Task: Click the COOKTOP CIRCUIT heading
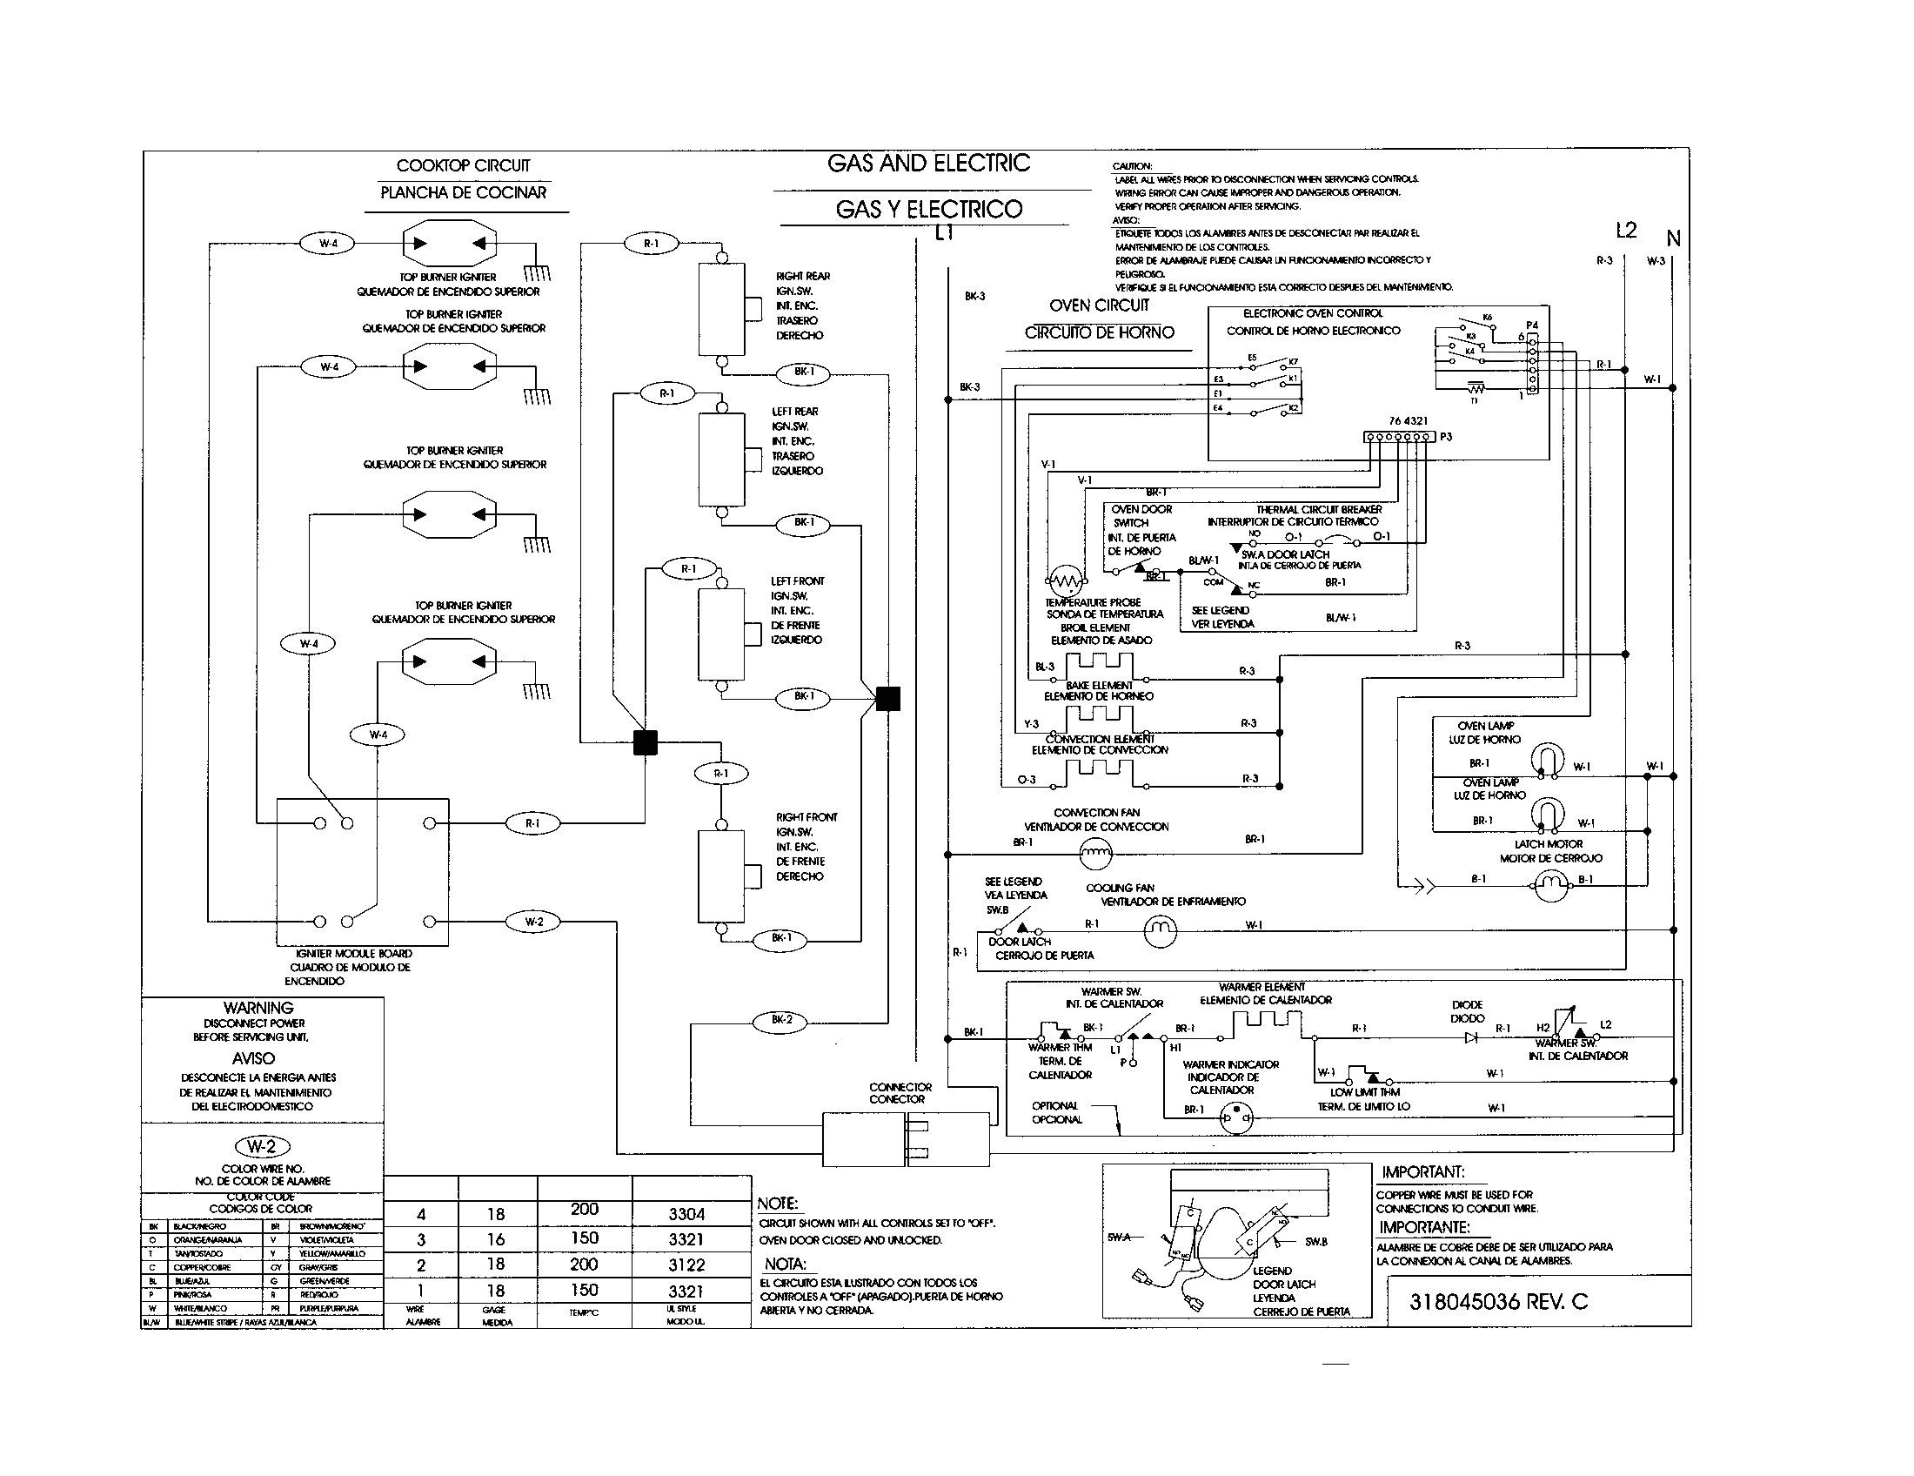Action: [x=463, y=164]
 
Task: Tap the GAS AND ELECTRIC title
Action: [x=928, y=163]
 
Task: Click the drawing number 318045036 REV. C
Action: [x=1498, y=1302]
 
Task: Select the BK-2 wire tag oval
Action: [x=781, y=1019]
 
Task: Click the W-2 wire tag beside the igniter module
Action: [x=533, y=921]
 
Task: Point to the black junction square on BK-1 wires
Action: [x=887, y=699]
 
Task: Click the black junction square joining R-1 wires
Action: [x=645, y=742]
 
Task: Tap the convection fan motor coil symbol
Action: [x=1094, y=851]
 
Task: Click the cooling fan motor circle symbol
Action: [x=1161, y=932]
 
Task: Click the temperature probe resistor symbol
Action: [x=1066, y=581]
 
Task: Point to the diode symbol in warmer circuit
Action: [x=1470, y=1037]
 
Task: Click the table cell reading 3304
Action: [x=686, y=1214]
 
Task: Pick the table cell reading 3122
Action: [x=686, y=1265]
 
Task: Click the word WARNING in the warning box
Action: [x=258, y=1008]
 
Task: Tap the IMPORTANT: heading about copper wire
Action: [x=1422, y=1172]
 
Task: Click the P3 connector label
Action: [x=1446, y=437]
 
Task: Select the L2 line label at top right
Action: [x=1626, y=230]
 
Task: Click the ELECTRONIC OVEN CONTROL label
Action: [x=1312, y=313]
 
